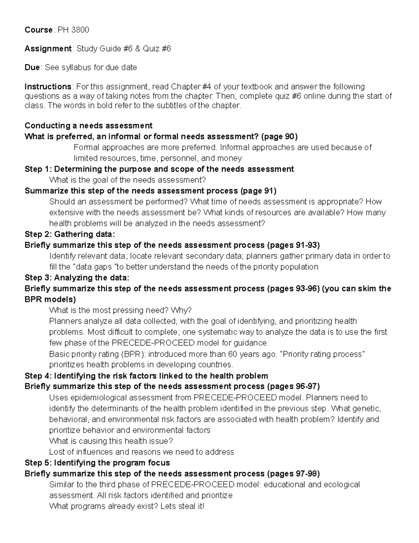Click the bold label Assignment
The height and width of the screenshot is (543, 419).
(x=48, y=49)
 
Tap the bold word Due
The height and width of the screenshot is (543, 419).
(x=32, y=67)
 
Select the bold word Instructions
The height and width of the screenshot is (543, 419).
(x=48, y=86)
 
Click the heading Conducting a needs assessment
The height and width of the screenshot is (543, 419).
(x=88, y=126)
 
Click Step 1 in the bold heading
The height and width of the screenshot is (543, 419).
(x=38, y=169)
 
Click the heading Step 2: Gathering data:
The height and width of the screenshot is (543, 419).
(x=69, y=234)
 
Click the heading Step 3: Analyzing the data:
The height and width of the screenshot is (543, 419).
(x=77, y=278)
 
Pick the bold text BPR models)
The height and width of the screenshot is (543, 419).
(x=50, y=300)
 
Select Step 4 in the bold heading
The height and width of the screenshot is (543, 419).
(x=38, y=376)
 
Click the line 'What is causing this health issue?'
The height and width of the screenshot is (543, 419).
(x=111, y=441)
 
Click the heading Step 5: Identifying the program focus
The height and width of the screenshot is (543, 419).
(x=97, y=463)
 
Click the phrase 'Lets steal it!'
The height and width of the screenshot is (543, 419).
(x=182, y=506)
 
